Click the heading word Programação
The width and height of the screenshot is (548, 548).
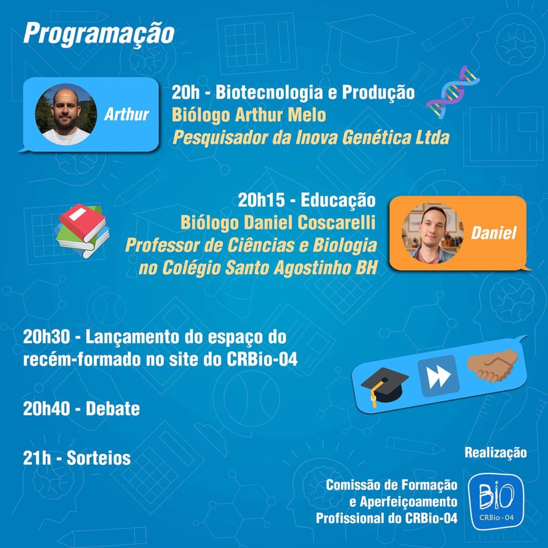(x=99, y=34)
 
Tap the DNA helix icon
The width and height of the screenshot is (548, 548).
(x=452, y=92)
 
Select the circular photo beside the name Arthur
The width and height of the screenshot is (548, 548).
(x=66, y=115)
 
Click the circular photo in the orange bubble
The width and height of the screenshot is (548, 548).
(x=432, y=233)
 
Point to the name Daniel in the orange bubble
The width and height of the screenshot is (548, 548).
(x=493, y=233)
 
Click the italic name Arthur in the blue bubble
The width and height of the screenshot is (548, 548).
(x=126, y=115)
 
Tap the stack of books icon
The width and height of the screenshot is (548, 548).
(x=82, y=231)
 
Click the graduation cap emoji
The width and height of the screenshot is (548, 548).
(x=384, y=387)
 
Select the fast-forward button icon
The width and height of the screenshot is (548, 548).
(x=438, y=376)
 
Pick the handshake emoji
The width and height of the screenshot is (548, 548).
(x=493, y=365)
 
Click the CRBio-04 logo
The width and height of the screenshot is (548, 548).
(x=496, y=501)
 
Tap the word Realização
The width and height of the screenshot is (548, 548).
(x=495, y=453)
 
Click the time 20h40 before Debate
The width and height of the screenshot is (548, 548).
(x=46, y=408)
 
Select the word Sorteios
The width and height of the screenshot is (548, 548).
(x=98, y=458)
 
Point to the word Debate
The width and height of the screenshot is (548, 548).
(x=112, y=408)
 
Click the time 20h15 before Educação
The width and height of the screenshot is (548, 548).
(x=261, y=200)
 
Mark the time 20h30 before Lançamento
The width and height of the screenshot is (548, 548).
(x=47, y=337)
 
